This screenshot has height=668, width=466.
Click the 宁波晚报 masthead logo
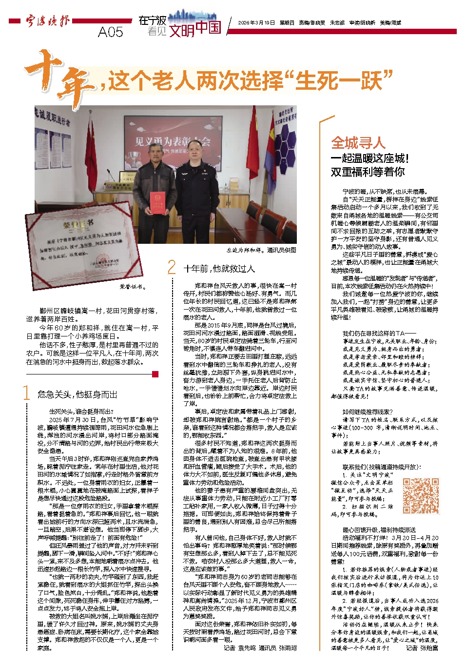pos(47,21)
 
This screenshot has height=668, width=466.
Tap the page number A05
pos(111,32)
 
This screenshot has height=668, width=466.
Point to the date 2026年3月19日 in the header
pos(256,22)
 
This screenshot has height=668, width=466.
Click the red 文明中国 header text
pos(195,29)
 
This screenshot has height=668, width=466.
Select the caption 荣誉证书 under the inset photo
pos(133,287)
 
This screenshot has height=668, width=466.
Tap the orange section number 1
pos(27,393)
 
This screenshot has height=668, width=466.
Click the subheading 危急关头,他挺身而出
pos(77,394)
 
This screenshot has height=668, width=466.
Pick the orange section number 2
pos(171,267)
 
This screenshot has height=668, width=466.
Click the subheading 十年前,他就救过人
pos(219,269)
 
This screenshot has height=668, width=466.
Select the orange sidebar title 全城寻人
pos(358,143)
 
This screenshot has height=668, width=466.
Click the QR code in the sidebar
pos(420,496)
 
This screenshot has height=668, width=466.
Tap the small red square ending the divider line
pos(155,374)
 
